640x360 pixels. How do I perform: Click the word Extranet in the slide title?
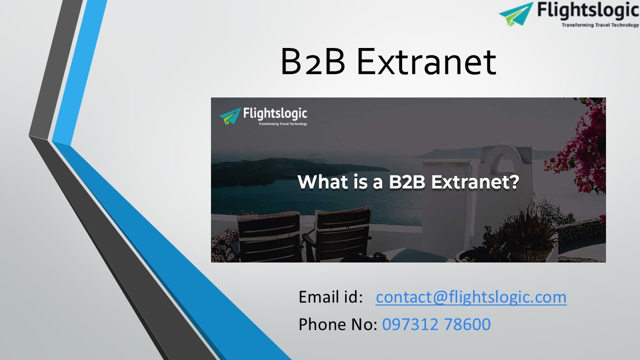point(426,62)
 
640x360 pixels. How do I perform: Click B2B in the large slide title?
point(313,62)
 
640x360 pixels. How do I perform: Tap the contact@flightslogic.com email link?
point(471,297)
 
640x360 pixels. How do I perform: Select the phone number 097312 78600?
point(436,324)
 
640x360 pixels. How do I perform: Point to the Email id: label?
point(330,297)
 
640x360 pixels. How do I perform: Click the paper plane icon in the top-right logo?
point(516,13)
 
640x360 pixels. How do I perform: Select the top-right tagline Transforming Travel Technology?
point(600,24)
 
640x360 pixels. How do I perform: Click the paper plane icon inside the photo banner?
point(229,116)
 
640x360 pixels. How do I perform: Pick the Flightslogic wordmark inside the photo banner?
point(275,114)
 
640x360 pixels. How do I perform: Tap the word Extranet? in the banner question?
point(475,182)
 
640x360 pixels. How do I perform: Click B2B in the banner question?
point(406,182)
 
